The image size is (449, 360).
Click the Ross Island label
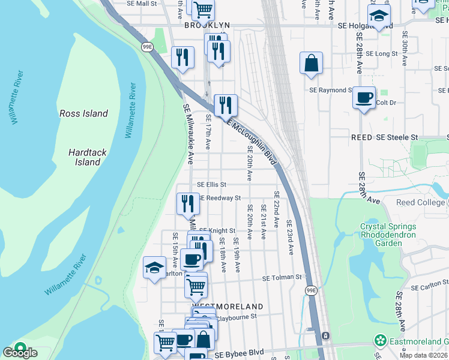click(83, 113)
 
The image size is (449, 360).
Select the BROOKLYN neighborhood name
click(207, 25)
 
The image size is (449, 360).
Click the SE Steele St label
click(397, 137)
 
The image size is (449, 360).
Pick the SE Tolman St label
click(282, 278)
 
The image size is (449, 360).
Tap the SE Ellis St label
click(211, 185)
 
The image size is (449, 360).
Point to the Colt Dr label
click(387, 103)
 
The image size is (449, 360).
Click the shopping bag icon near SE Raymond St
click(312, 64)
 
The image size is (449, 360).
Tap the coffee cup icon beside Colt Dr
click(364, 97)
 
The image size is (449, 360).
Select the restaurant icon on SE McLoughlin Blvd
click(226, 106)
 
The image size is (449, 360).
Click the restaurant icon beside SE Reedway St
click(188, 203)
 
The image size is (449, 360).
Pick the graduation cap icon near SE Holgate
click(379, 17)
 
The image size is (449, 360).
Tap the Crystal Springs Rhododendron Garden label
click(388, 235)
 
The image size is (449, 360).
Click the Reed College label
click(421, 202)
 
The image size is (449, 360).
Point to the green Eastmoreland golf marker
click(380, 341)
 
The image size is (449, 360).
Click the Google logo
click(20, 352)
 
